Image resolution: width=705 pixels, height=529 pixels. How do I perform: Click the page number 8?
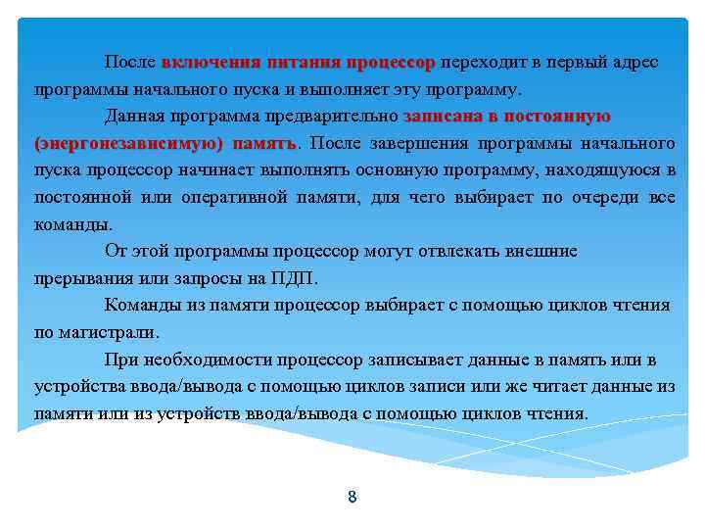click(x=352, y=497)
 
